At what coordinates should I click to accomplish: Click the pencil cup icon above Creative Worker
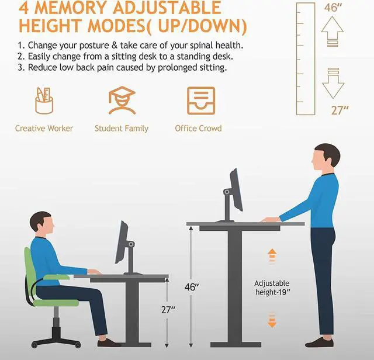[44, 101]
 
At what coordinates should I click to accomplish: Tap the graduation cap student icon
[122, 101]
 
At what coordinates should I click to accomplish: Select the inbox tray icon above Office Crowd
[201, 101]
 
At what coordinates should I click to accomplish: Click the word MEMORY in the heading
[70, 8]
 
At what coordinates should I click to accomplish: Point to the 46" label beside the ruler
[333, 8]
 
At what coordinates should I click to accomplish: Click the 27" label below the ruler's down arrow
[340, 110]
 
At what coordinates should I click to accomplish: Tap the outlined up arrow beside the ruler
[333, 31]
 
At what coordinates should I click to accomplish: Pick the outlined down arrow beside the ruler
[333, 83]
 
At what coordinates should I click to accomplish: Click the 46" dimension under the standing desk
[192, 287]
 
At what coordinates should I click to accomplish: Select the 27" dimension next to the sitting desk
[168, 310]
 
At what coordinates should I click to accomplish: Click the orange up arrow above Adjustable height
[272, 256]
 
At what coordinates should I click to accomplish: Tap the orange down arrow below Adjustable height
[272, 320]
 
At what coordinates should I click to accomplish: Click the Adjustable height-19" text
[272, 288]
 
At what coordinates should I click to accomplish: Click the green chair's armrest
[57, 277]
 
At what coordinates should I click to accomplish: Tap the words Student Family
[122, 129]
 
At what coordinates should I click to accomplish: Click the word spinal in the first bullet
[202, 46]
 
